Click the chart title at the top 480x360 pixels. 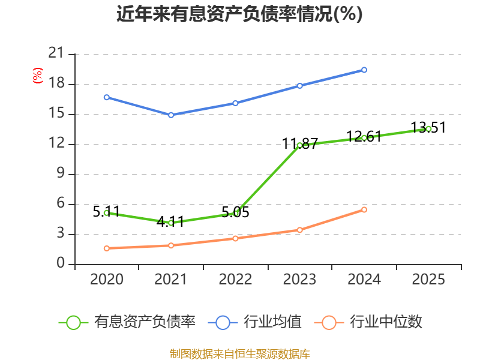click(x=239, y=14)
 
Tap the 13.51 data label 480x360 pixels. click(x=428, y=128)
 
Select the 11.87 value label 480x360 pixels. click(x=300, y=144)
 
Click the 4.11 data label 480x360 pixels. click(x=170, y=221)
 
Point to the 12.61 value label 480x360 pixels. click(x=364, y=137)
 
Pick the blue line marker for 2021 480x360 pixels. click(x=171, y=115)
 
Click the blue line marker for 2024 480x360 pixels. click(x=364, y=70)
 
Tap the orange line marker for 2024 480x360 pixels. click(x=364, y=209)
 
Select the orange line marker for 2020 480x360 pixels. click(x=107, y=248)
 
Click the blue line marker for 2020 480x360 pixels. click(x=107, y=97)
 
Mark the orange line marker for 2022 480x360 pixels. click(x=235, y=238)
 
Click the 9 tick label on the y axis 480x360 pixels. click(x=60, y=174)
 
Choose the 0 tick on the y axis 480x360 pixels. click(x=60, y=264)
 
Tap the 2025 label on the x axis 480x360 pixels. click(x=428, y=280)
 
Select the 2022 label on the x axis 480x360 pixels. click(x=235, y=280)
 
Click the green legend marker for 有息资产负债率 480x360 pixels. click(x=73, y=322)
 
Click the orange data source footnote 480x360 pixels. click(x=239, y=353)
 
